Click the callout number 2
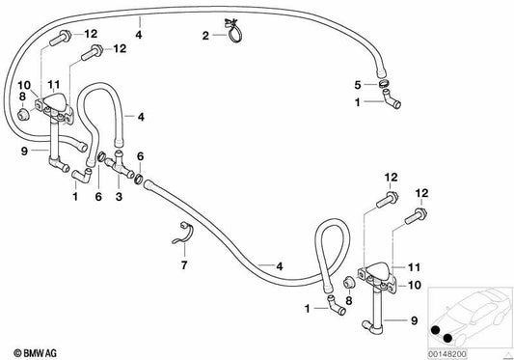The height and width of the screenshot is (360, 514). coord(205,36)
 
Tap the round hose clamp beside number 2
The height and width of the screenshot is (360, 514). coord(234,36)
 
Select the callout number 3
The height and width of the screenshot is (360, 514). coord(119,197)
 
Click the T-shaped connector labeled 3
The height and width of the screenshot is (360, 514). coord(119,164)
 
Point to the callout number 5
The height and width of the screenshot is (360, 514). coord(358,85)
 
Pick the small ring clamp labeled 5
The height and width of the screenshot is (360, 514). coord(383,83)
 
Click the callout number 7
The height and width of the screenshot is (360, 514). coord(184,264)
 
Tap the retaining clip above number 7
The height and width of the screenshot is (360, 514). coord(183,234)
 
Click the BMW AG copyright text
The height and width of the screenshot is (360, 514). coord(36,353)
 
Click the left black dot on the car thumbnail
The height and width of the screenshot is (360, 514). coord(436,330)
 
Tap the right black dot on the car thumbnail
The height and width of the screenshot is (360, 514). coord(447,338)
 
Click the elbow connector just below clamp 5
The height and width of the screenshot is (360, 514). coord(392,99)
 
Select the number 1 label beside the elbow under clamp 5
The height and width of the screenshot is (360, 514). coord(358,102)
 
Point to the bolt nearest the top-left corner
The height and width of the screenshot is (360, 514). coord(61,38)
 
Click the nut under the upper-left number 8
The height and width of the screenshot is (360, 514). coord(22,114)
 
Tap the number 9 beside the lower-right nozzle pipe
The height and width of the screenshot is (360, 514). coord(415,320)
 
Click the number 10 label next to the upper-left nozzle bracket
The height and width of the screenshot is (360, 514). coord(24,85)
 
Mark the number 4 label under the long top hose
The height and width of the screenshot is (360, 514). coord(139,35)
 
